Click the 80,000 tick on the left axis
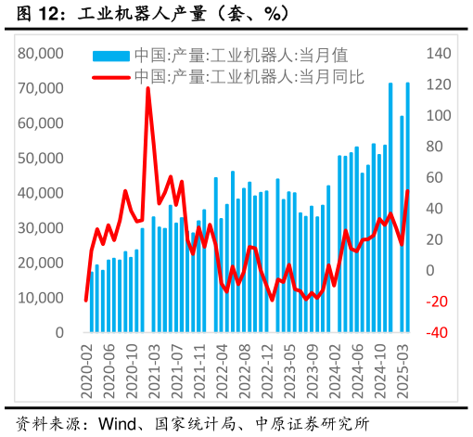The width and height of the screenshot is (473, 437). coord(41,54)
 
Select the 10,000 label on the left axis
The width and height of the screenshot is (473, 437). coord(41,298)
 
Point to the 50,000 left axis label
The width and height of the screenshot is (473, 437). coord(41,159)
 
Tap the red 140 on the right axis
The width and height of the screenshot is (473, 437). coord(438,54)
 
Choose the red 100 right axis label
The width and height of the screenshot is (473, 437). coord(438,116)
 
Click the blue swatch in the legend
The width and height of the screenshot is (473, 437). coord(112,55)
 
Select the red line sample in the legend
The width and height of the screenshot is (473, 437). coord(112,75)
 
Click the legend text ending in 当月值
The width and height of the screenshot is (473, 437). coord(252,55)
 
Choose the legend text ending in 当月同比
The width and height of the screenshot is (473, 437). coord(260,75)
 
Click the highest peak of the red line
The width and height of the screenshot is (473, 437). coord(148,89)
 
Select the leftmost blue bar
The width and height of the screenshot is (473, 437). coord(92,302)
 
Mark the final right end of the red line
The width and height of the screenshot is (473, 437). coord(408,191)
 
